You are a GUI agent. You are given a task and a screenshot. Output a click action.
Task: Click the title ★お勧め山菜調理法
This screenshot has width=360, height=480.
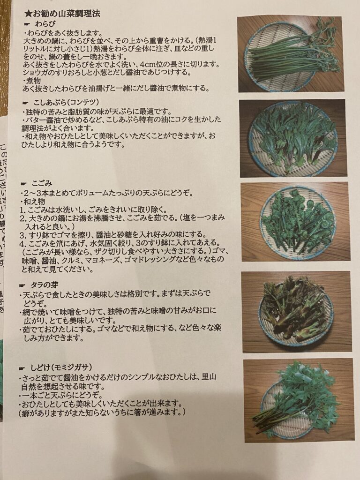(62, 14)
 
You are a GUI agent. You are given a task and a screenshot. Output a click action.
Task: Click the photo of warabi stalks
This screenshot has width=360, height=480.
(290, 54)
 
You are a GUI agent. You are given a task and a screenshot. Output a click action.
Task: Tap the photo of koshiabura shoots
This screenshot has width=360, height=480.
(292, 138)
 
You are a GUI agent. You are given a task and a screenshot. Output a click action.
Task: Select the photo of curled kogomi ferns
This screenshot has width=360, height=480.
(295, 222)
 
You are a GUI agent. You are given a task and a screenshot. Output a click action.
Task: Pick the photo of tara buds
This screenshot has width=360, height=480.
(296, 311)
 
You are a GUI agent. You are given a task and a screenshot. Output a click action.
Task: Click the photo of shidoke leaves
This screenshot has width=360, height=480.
(299, 400)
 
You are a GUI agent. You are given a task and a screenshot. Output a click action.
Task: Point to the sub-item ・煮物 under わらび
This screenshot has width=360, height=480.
(31, 81)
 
